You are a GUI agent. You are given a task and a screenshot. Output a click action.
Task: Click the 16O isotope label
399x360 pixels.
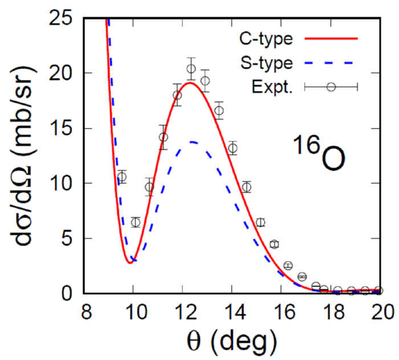point(320,156)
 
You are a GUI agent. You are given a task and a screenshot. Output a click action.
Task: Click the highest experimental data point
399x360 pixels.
point(192,69)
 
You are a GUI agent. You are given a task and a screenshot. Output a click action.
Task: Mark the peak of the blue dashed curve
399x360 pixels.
point(194,141)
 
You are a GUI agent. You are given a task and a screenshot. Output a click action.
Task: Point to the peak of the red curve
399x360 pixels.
point(190,83)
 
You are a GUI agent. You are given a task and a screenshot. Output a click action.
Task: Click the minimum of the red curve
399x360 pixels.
point(130,262)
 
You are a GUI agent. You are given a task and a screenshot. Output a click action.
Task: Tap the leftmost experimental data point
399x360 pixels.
point(121,177)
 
